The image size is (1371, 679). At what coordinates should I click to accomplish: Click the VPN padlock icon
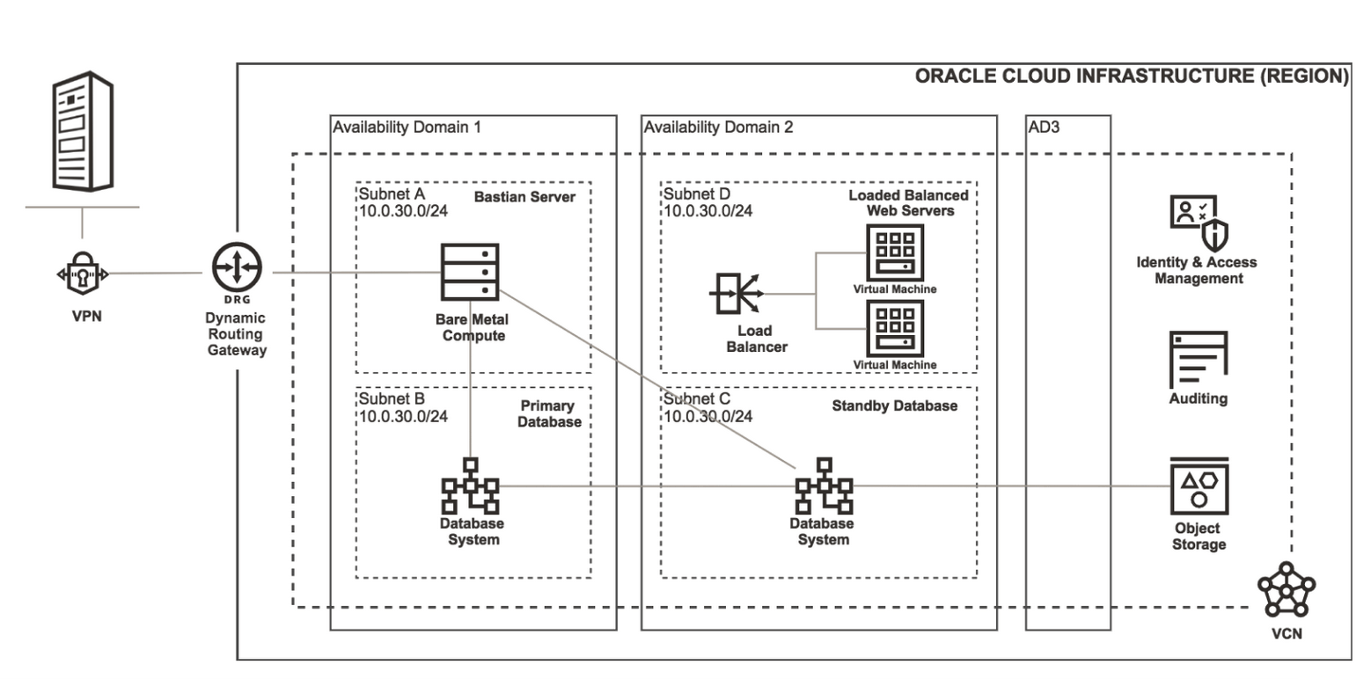[83, 274]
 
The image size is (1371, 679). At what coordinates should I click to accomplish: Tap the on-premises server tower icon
[82, 132]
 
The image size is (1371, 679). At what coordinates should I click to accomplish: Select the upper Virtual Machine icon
[894, 251]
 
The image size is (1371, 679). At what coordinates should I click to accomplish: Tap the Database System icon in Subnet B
[470, 485]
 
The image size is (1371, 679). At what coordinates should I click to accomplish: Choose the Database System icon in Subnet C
[824, 485]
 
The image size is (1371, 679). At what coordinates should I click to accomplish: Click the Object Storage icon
[1198, 487]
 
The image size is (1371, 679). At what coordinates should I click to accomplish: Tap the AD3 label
[1044, 128]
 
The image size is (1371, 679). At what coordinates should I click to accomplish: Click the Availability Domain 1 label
[407, 128]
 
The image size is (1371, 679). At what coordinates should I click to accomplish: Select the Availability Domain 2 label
[718, 128]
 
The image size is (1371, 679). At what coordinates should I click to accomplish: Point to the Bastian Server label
[524, 196]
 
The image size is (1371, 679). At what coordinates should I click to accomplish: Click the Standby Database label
[894, 405]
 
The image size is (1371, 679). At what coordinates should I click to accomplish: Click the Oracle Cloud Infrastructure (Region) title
[1131, 77]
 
